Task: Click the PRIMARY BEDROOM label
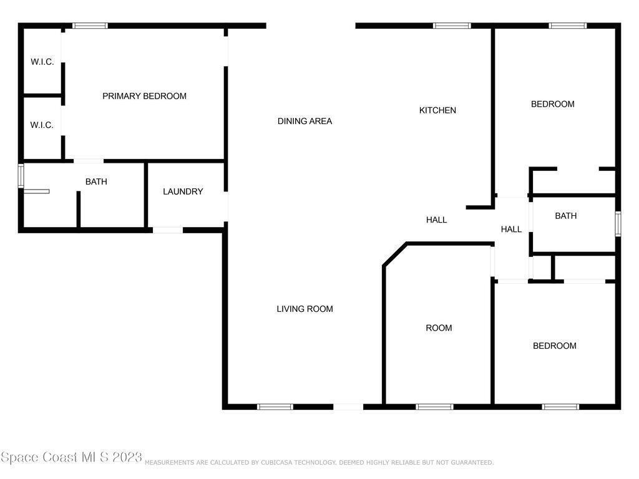[x=144, y=96]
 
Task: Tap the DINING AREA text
[x=305, y=121]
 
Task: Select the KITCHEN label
[x=437, y=110]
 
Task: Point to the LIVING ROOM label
[x=305, y=309]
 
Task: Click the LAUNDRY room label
[x=183, y=191]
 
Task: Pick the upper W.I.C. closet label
[x=42, y=62]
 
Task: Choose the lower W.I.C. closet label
[x=42, y=125]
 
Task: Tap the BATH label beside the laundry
[x=96, y=181]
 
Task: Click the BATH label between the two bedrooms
[x=565, y=216]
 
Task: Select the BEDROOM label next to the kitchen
[x=553, y=104]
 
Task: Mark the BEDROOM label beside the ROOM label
[x=555, y=346]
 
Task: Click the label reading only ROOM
[x=439, y=328]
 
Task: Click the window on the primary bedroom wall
[x=90, y=26]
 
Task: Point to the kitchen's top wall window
[x=452, y=26]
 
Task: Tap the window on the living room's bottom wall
[x=275, y=407]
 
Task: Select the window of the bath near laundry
[x=21, y=175]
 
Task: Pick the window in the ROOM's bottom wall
[x=434, y=407]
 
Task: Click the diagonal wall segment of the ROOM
[x=395, y=254]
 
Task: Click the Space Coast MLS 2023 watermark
[x=71, y=457]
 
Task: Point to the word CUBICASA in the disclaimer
[x=276, y=462]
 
